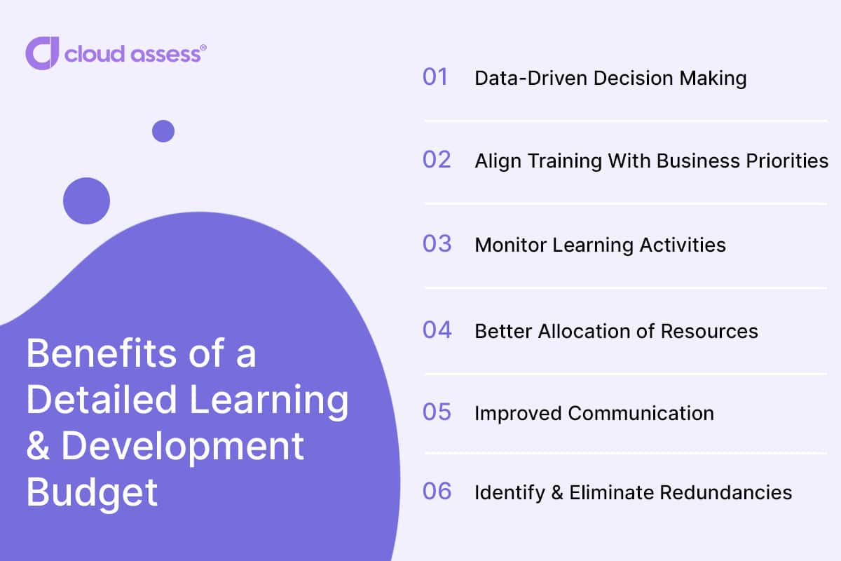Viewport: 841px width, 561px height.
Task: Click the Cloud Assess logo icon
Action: click(x=42, y=53)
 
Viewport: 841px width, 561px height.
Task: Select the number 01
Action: click(x=435, y=77)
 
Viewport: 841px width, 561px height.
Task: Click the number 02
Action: click(x=437, y=160)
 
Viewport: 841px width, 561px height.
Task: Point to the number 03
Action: click(x=437, y=243)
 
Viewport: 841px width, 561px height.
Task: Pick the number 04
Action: click(x=437, y=330)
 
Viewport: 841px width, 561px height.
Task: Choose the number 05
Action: click(x=437, y=412)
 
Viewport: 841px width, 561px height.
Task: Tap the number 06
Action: click(x=437, y=491)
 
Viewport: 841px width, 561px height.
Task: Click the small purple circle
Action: click(x=163, y=131)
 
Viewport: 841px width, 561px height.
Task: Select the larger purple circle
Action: click(x=86, y=201)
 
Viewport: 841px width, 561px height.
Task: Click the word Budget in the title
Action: click(x=92, y=492)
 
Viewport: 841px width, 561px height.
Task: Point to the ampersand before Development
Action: click(x=38, y=446)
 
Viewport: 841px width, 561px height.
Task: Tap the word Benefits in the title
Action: click(x=102, y=353)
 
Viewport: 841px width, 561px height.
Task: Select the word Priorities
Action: click(x=787, y=161)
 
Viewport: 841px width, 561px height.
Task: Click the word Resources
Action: click(x=709, y=332)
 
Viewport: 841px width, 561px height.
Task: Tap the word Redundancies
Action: click(x=726, y=492)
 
